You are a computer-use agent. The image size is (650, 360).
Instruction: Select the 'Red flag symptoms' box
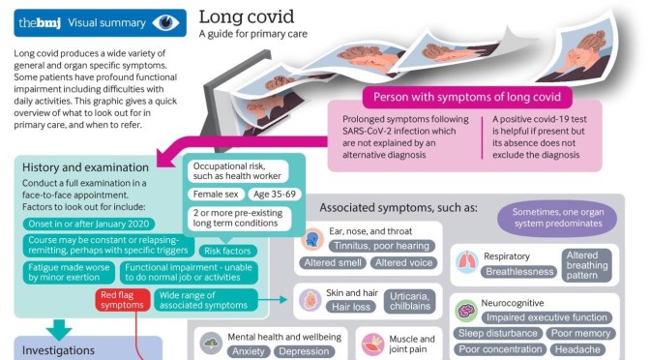[x=121, y=300]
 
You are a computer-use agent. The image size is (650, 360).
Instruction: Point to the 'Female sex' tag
[x=217, y=195]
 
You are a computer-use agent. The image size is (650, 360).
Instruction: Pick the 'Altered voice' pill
[x=404, y=263]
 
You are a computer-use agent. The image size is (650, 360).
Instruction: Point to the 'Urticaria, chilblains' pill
[x=411, y=300]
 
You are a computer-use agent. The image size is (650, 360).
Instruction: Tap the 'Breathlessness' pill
[x=519, y=272]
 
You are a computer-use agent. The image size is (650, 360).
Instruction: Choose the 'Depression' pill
[x=306, y=351]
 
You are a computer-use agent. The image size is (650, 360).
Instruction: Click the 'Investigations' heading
[x=60, y=350]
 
